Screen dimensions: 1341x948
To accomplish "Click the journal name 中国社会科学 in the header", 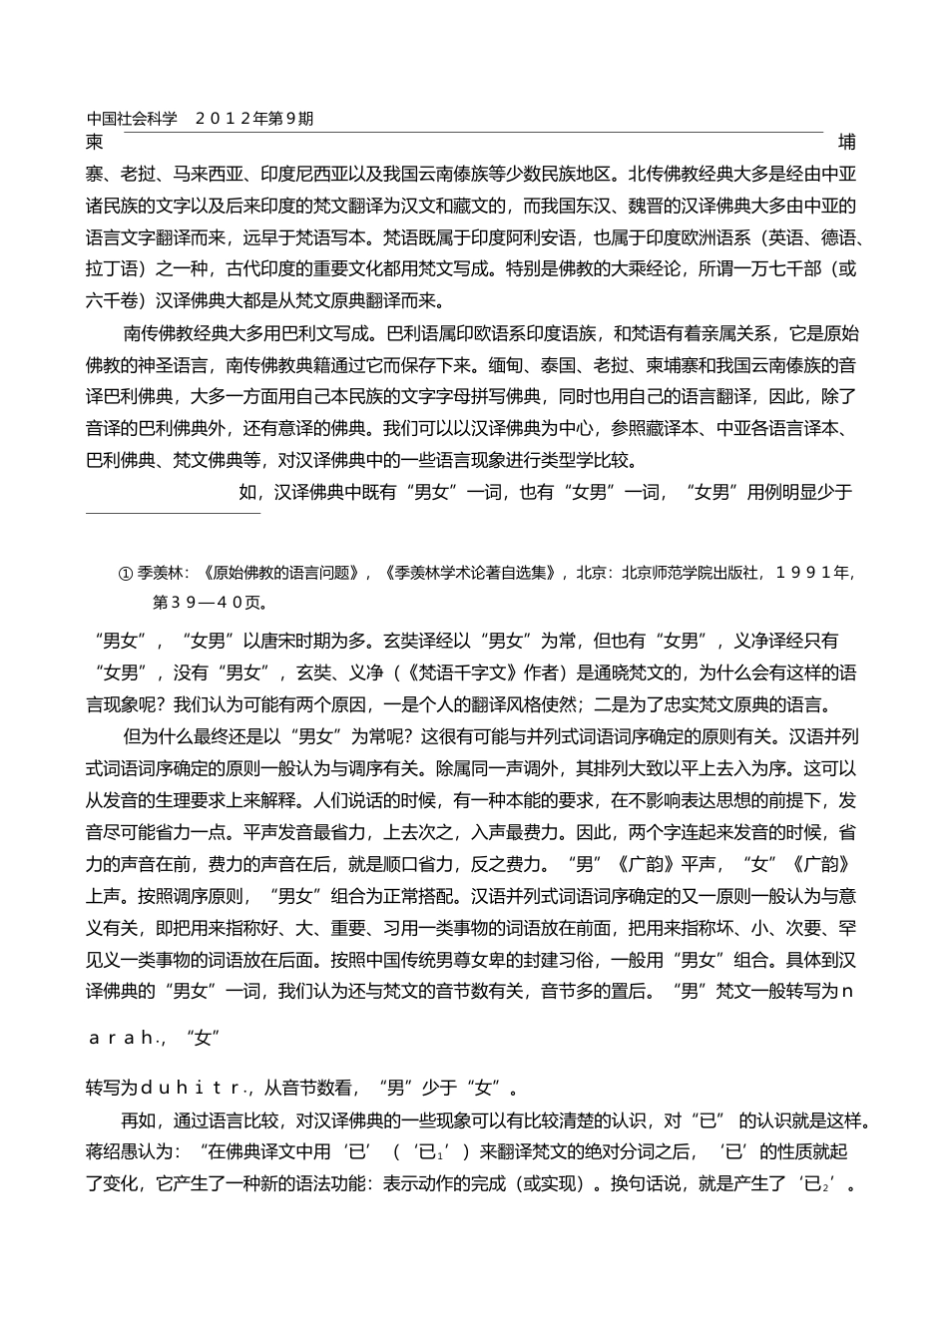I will (132, 118).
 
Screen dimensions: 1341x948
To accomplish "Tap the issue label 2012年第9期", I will (254, 118).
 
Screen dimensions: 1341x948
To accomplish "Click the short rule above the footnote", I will (173, 514).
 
